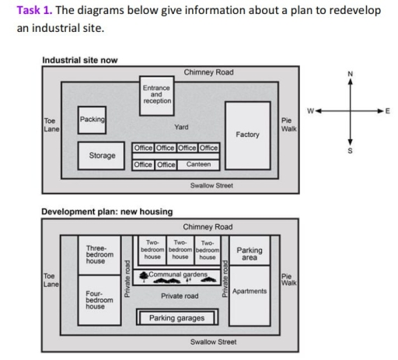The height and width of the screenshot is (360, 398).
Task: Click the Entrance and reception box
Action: (x=157, y=94)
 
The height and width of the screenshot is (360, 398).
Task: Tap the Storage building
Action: (x=102, y=156)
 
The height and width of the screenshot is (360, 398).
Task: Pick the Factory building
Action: (x=247, y=134)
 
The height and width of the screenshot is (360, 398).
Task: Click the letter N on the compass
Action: (x=350, y=74)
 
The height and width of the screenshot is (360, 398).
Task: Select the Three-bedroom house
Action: (x=99, y=254)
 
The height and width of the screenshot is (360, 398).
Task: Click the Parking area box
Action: (x=249, y=253)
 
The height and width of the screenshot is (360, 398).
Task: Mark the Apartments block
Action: (x=249, y=292)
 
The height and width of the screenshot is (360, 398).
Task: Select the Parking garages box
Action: (x=176, y=318)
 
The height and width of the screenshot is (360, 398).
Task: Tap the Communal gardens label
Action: (x=178, y=274)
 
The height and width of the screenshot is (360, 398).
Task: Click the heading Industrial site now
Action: (x=80, y=60)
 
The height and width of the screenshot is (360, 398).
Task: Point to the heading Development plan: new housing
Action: (x=106, y=211)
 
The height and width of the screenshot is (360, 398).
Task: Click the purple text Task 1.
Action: (x=33, y=10)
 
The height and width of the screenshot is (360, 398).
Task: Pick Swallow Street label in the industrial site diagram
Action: (x=212, y=186)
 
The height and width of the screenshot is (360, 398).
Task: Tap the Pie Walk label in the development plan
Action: (x=287, y=279)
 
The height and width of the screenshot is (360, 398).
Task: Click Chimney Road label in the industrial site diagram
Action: (x=208, y=72)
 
